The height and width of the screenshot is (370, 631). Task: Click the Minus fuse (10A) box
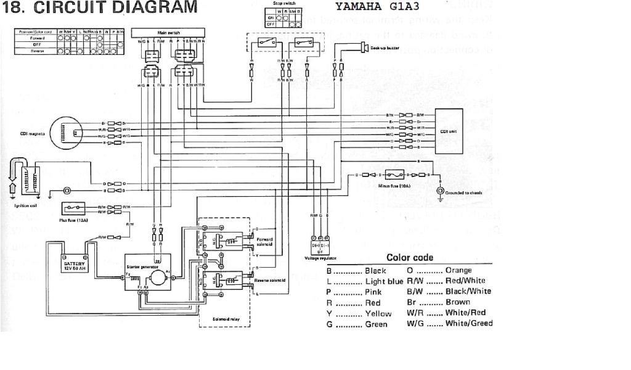tap(396, 175)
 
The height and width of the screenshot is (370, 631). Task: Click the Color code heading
tap(409, 257)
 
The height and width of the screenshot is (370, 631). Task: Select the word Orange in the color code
tap(458, 270)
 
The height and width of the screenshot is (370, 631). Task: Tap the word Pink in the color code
tap(373, 292)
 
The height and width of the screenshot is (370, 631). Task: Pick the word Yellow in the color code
tap(378, 313)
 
